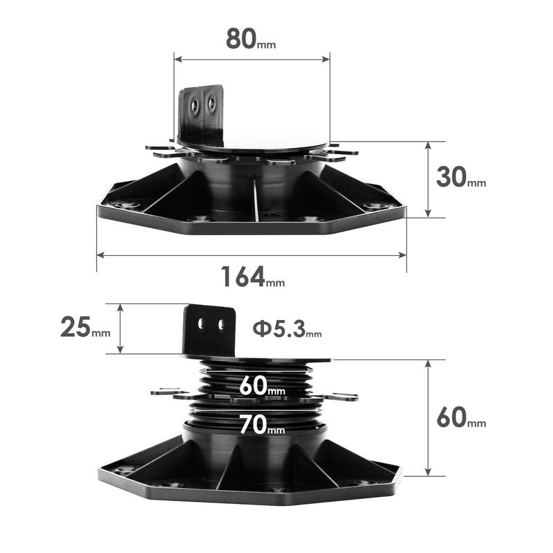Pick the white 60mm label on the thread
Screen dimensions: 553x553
pos(262,387)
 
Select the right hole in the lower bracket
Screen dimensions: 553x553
pos(221,324)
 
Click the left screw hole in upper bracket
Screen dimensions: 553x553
pos(196,106)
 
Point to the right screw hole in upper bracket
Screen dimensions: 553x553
pos(212,104)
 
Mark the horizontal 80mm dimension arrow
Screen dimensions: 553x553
pos(252,60)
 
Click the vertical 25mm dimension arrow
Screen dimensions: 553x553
pos(121,328)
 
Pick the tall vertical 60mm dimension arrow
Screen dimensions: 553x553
pos(429,418)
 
